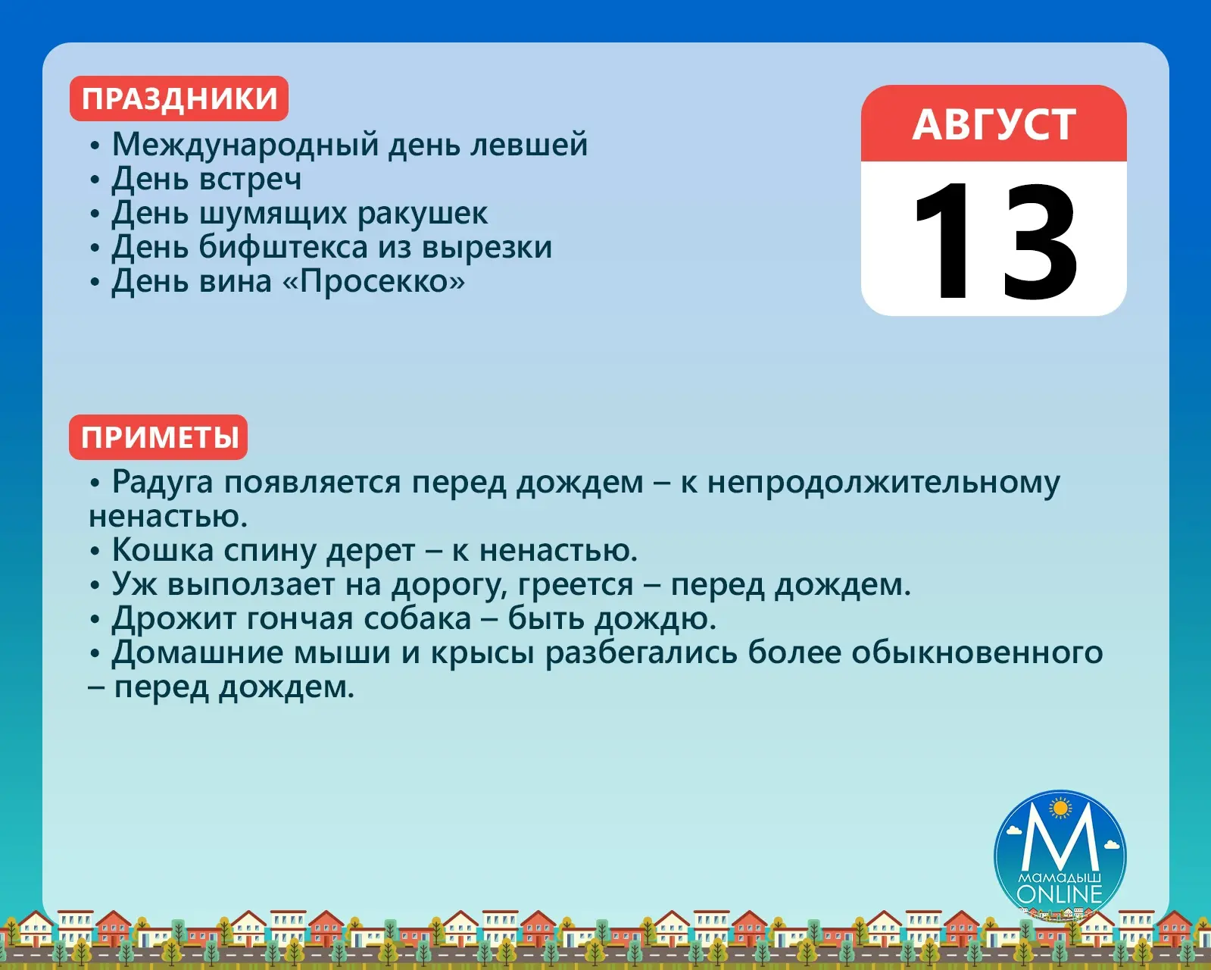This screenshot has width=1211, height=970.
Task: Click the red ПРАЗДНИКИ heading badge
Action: point(179,99)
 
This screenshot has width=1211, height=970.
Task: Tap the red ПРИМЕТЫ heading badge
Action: point(158,437)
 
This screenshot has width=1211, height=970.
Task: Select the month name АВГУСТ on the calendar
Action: point(994,124)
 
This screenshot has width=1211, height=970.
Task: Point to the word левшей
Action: point(529,144)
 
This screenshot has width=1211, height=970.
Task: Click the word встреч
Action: point(250,180)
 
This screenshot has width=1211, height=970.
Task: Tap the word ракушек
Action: point(423,214)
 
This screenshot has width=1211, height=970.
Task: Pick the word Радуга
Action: point(163,483)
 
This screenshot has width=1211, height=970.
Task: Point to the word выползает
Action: point(251,585)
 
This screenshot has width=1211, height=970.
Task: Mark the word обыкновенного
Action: point(977,653)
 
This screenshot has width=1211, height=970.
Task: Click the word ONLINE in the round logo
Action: point(1060,894)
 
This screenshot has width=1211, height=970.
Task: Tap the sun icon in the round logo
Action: point(1060,809)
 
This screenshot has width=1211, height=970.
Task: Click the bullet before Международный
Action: point(95,145)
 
